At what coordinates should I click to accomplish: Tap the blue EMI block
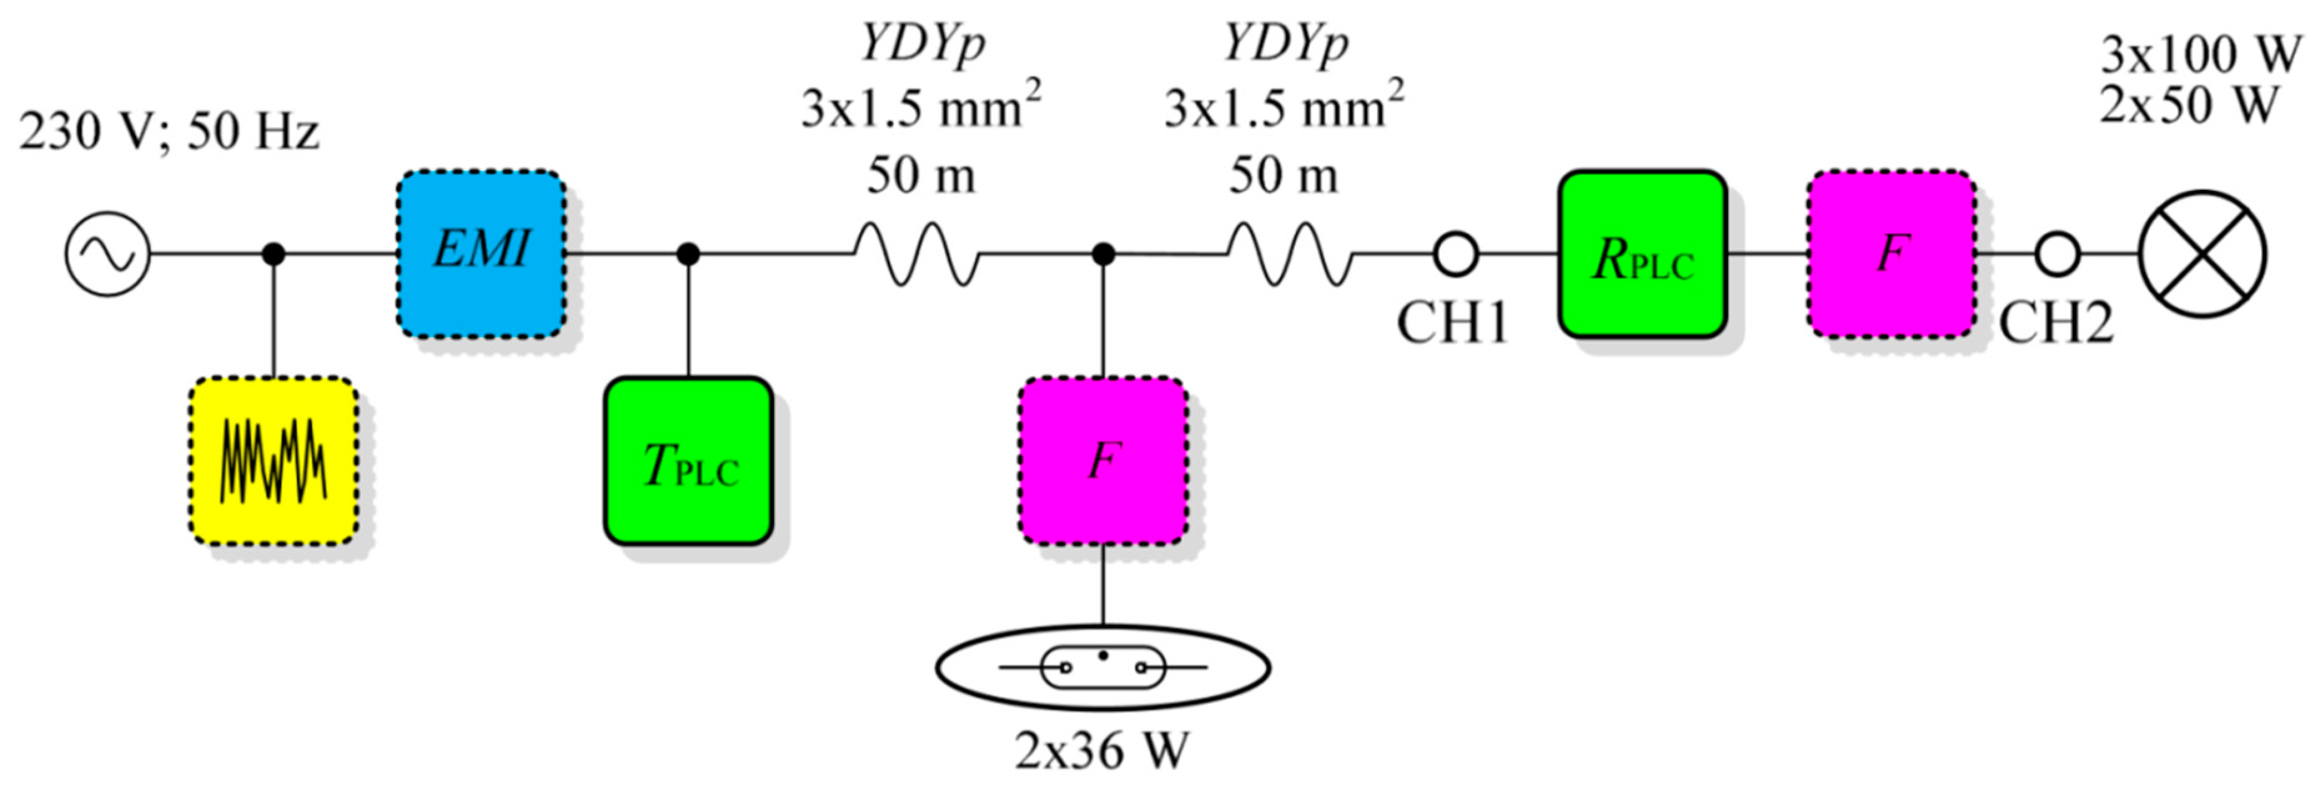pyautogui.click(x=481, y=254)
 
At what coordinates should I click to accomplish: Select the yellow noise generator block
pyautogui.click(x=274, y=461)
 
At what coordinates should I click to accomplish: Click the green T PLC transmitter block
pyautogui.click(x=689, y=461)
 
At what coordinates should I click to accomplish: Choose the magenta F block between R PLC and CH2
pyautogui.click(x=1892, y=254)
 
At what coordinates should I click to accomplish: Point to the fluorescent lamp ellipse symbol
pyautogui.click(x=1102, y=668)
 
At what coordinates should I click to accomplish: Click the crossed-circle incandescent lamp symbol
pyautogui.click(x=2203, y=254)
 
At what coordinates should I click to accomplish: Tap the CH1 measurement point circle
pyautogui.click(x=1455, y=254)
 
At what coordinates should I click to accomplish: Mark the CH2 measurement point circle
pyautogui.click(x=2057, y=254)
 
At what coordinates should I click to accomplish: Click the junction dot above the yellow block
pyautogui.click(x=274, y=254)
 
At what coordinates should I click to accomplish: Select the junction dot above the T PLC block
pyautogui.click(x=689, y=254)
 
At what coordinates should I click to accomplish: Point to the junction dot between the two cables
pyautogui.click(x=1104, y=254)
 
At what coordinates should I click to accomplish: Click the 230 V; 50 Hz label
pyautogui.click(x=169, y=131)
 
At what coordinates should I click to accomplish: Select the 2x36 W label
pyautogui.click(x=1102, y=751)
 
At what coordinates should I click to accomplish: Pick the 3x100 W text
pyautogui.click(x=2200, y=56)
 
